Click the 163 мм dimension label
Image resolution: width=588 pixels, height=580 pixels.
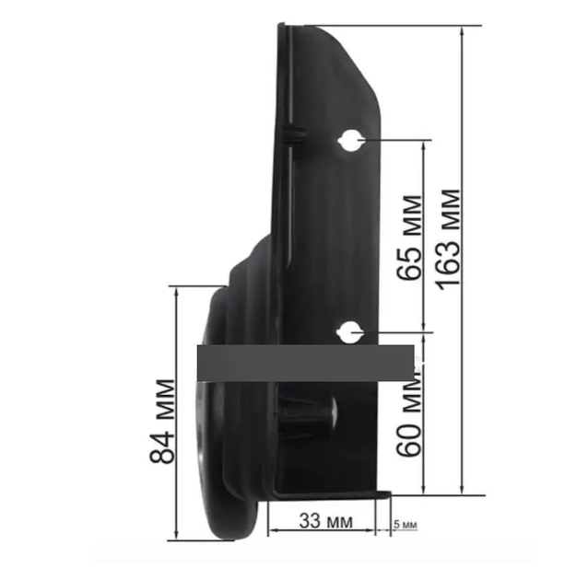click(449, 239)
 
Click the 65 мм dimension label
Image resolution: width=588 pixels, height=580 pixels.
click(409, 238)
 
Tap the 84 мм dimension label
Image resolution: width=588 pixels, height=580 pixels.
click(162, 421)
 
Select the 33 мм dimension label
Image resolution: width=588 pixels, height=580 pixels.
click(326, 520)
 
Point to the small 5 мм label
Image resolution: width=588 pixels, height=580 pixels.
click(405, 524)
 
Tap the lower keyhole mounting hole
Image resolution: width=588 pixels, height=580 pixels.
click(350, 332)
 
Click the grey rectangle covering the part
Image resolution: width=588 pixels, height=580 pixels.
click(306, 363)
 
